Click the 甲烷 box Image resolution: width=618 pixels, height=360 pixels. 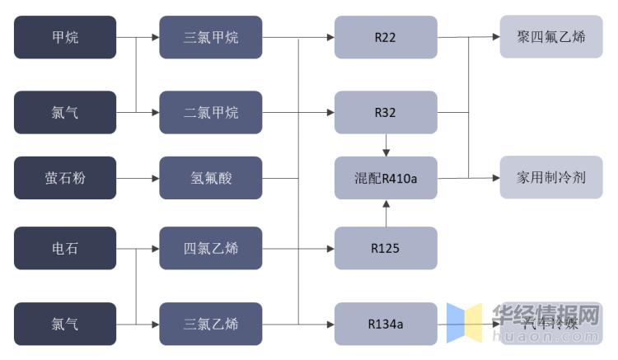(65, 37)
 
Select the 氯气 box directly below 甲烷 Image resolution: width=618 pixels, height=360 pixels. (65, 112)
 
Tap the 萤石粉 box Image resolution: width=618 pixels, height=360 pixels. (65, 178)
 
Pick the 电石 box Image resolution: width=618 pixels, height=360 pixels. (65, 248)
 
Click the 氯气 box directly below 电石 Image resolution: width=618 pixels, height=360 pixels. (65, 324)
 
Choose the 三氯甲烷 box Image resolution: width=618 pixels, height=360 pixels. (211, 37)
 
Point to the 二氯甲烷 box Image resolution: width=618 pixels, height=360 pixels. (211, 112)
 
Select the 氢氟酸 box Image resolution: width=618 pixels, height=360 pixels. (211, 178)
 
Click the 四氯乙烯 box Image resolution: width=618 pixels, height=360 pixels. (211, 248)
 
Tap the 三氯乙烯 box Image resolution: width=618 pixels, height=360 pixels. (211, 324)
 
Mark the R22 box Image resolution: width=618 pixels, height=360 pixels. (385, 37)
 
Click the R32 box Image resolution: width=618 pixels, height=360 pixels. (385, 112)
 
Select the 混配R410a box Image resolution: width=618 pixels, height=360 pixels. (385, 178)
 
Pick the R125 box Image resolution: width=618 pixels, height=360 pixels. (385, 248)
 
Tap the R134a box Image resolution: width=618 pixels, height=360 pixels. (385, 324)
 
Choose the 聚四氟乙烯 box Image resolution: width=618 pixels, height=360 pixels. (550, 37)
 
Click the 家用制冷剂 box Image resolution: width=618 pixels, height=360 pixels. (550, 178)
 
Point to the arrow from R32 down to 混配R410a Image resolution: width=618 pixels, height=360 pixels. (385, 145)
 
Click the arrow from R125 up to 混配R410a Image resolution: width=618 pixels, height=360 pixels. (385, 213)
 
